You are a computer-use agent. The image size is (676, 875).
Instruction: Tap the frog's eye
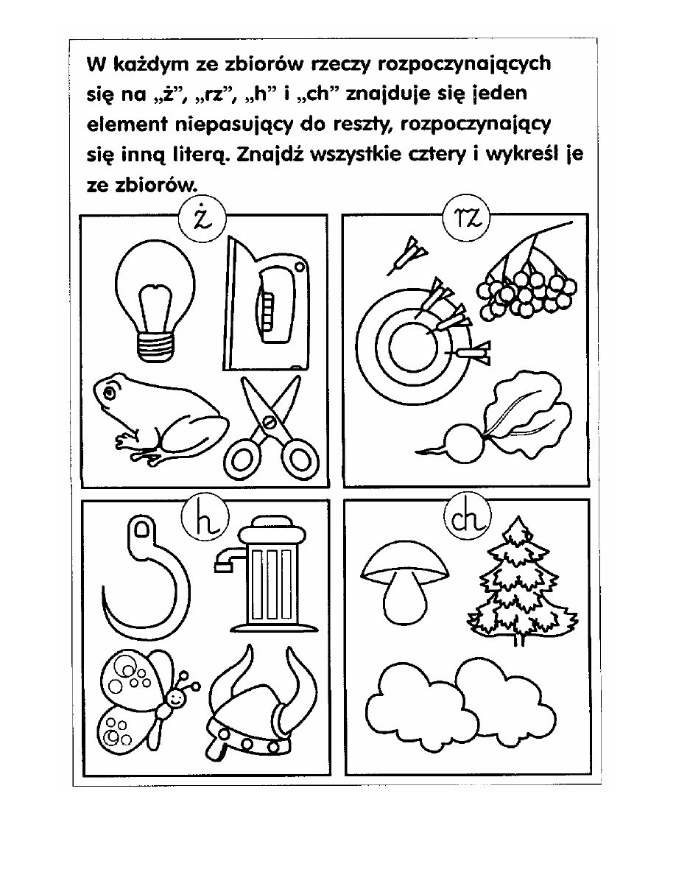pyautogui.click(x=110, y=392)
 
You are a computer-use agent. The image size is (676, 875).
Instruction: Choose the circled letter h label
pyautogui.click(x=201, y=519)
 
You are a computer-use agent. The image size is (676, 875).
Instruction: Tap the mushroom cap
pyautogui.click(x=404, y=563)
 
